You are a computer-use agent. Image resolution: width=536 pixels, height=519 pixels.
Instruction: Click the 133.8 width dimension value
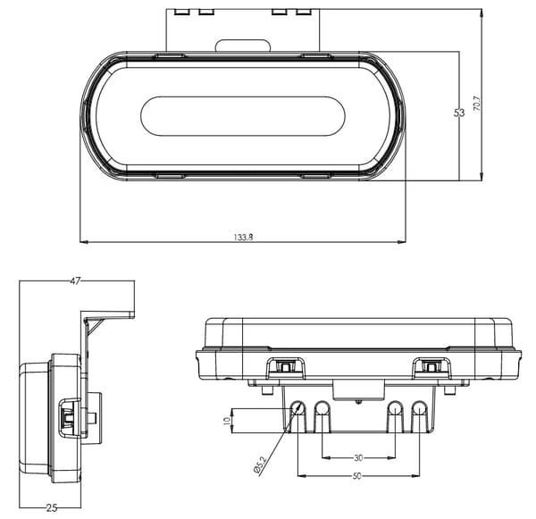pos(243,237)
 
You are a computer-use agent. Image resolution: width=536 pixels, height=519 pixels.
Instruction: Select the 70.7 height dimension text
pos(477,104)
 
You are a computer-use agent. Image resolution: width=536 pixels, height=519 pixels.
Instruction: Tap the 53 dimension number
pos(459,113)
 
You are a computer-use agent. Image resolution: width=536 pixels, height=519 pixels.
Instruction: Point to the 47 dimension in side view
pos(75,281)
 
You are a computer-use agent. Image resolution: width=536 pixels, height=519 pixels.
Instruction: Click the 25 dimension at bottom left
pos(51,508)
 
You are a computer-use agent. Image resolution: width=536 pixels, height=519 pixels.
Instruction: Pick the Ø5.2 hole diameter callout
pos(259,465)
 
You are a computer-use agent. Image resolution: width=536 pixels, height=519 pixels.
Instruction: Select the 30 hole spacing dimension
pos(358,457)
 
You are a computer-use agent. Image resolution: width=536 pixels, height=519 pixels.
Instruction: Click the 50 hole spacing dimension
pos(356,476)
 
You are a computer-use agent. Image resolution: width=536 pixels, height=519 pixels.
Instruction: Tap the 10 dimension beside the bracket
pos(227,421)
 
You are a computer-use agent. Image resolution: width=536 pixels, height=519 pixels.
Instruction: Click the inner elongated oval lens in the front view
pos(243,116)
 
